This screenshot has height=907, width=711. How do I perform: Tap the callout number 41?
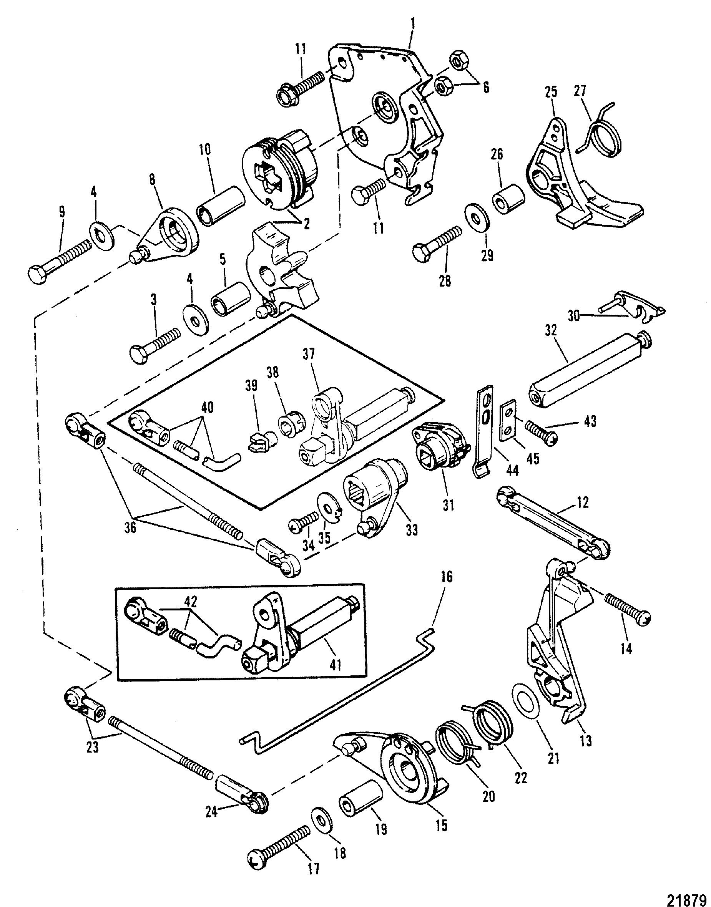[x=336, y=667]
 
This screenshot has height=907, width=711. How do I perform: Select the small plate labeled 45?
[x=510, y=421]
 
